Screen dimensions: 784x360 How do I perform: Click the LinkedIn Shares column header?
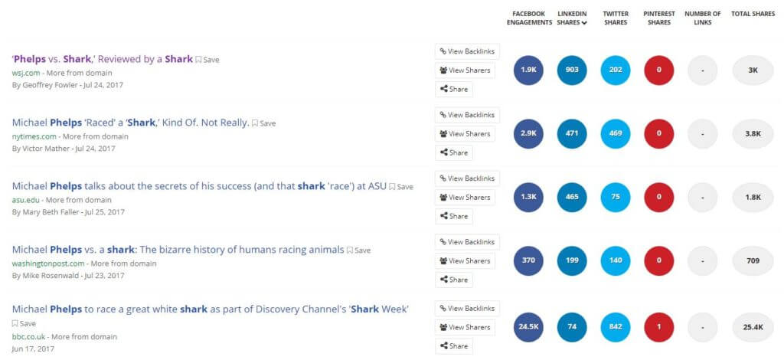(x=572, y=18)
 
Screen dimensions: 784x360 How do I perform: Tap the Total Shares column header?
(x=753, y=14)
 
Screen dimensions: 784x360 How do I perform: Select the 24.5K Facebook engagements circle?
(x=528, y=327)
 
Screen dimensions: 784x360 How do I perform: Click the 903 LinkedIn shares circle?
(x=572, y=70)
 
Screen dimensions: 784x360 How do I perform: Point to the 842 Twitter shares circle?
(x=616, y=327)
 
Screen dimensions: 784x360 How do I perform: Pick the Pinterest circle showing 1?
(x=659, y=327)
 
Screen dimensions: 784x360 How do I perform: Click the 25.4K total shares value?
(x=753, y=327)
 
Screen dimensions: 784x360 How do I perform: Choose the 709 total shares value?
(x=753, y=260)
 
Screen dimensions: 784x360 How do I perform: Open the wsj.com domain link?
(x=26, y=73)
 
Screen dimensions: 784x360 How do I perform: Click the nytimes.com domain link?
(x=34, y=136)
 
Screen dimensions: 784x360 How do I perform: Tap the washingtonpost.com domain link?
(x=48, y=263)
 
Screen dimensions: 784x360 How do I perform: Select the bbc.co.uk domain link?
(x=28, y=336)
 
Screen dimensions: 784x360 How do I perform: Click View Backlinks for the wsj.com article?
(x=467, y=51)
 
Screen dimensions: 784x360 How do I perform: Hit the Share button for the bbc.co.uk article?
(x=453, y=346)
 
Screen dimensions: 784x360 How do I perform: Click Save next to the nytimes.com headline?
(x=263, y=123)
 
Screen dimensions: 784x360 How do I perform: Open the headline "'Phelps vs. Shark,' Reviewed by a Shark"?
(x=102, y=59)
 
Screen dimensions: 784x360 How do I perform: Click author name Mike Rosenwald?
(x=51, y=276)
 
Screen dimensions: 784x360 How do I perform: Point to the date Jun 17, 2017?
(x=33, y=349)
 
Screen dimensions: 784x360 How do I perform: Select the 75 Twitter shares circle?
(x=616, y=197)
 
